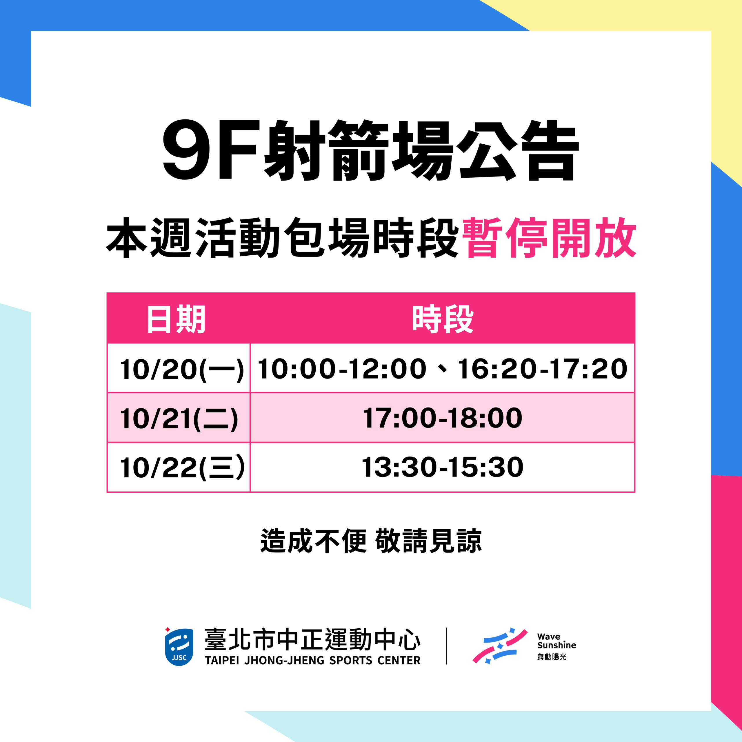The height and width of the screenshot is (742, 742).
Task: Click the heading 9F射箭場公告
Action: click(371, 150)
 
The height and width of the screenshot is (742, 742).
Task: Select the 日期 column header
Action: click(176, 319)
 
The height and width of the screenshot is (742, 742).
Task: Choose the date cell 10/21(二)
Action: click(179, 419)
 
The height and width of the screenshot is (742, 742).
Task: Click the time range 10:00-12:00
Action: click(342, 369)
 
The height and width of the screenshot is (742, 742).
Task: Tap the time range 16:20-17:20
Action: click(543, 369)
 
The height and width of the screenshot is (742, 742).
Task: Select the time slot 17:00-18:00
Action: click(442, 418)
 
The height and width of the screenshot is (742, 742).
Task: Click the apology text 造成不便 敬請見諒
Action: click(371, 541)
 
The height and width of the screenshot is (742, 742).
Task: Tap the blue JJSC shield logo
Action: click(179, 647)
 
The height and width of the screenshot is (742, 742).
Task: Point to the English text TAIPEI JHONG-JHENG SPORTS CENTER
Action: click(313, 661)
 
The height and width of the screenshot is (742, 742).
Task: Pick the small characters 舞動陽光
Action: click(552, 657)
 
